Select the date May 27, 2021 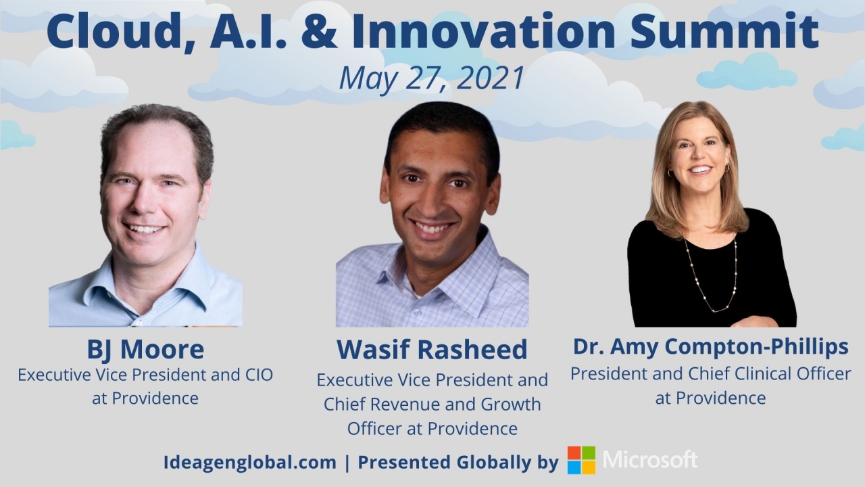point(431,78)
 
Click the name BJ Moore point(145,349)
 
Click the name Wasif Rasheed point(432,350)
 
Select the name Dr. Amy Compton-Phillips point(710,347)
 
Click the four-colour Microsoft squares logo point(582,460)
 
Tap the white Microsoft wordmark point(650,460)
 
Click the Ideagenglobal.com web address point(250,463)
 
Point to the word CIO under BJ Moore point(259,375)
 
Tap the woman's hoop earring point(727,168)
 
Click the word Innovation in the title point(483,31)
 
